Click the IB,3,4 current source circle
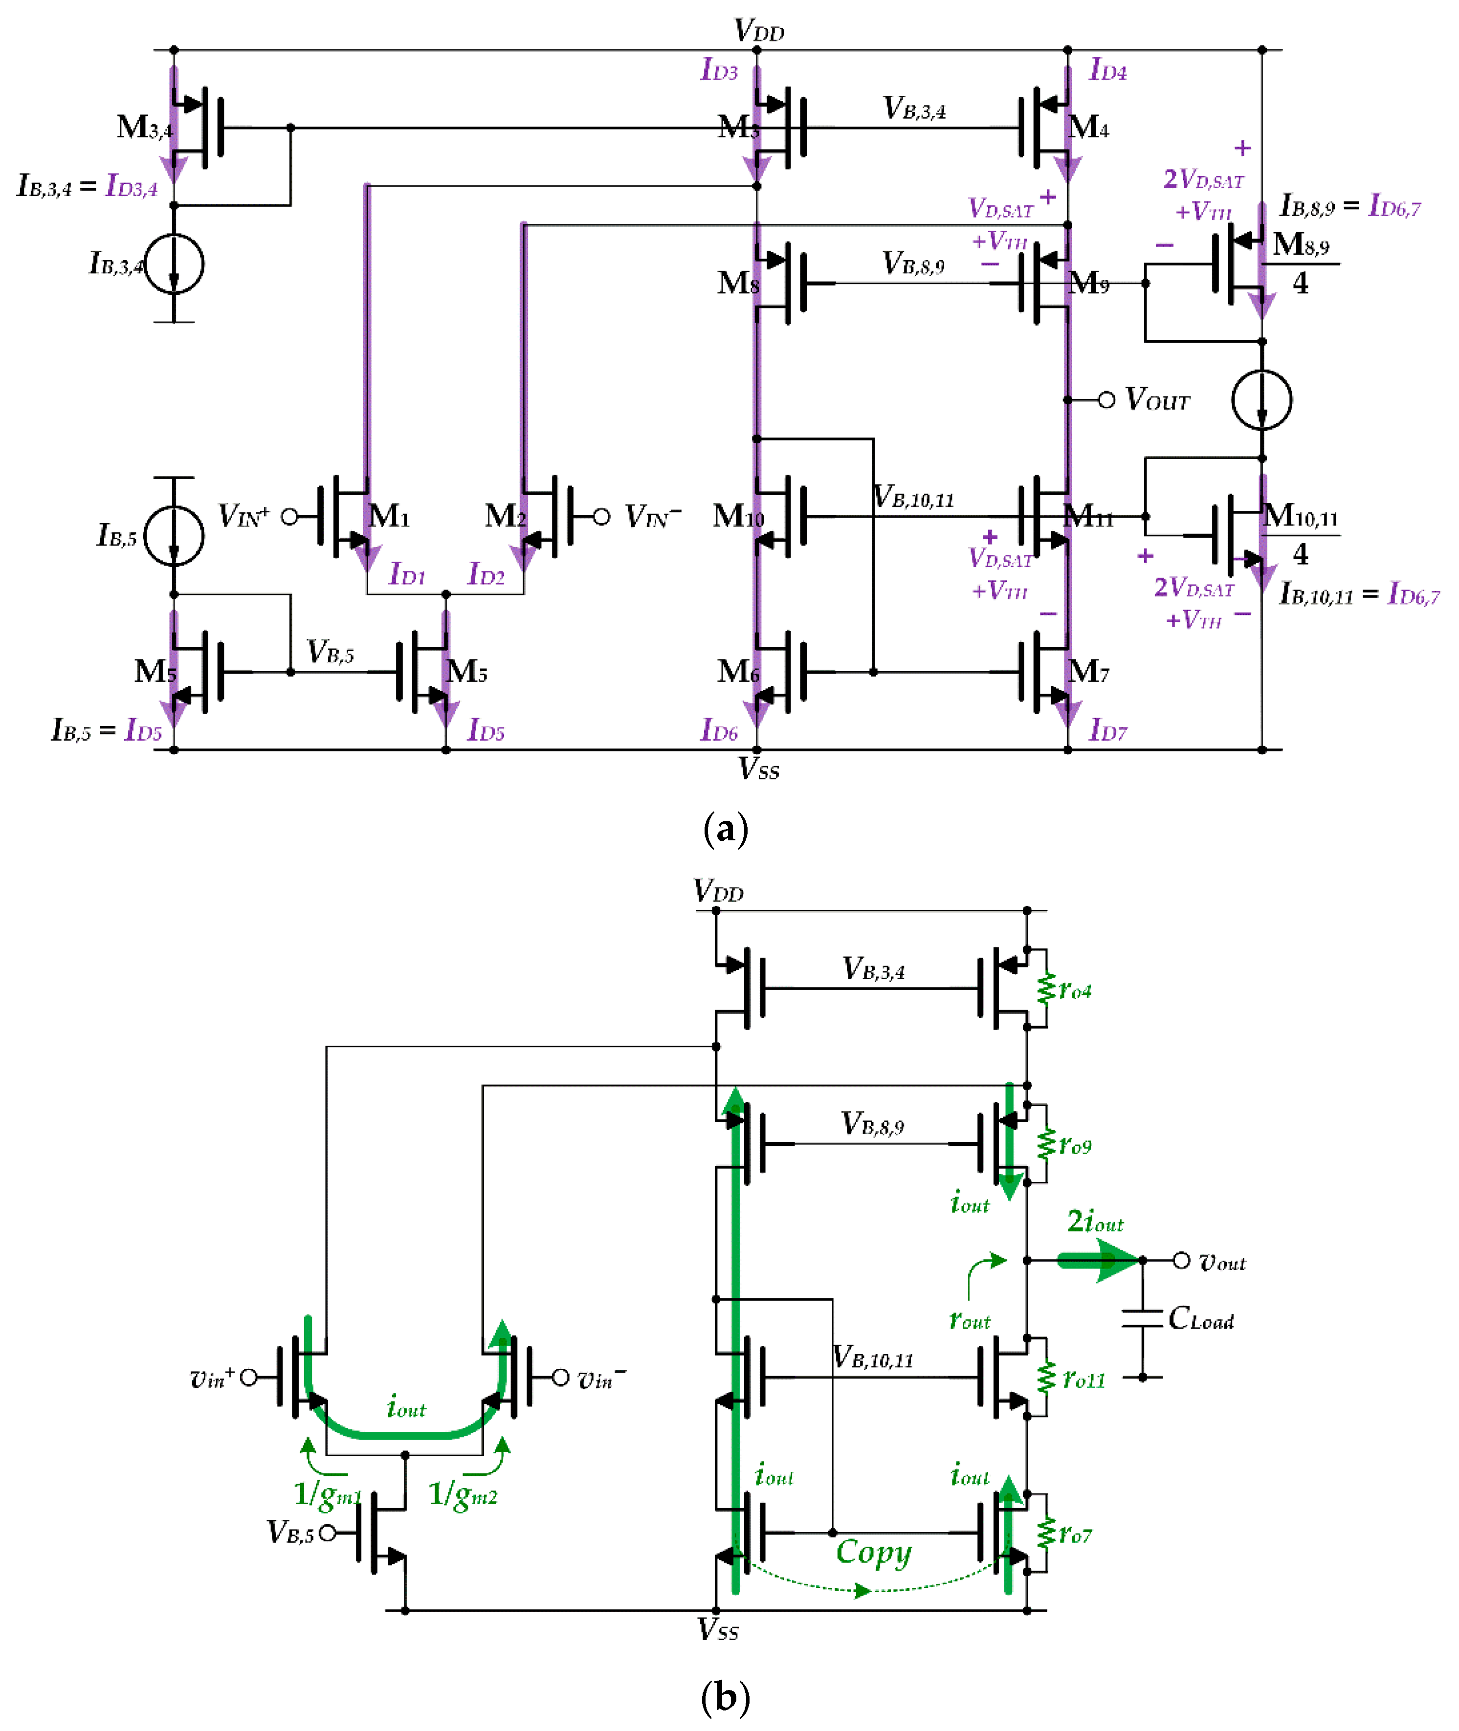click(x=174, y=264)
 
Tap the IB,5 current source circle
click(x=174, y=535)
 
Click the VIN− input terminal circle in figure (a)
click(x=601, y=517)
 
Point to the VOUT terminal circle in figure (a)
click(x=1106, y=400)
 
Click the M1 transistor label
click(x=389, y=516)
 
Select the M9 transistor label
click(x=1088, y=284)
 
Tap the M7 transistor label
click(x=1088, y=672)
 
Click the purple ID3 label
click(x=719, y=69)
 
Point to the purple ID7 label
click(x=1107, y=730)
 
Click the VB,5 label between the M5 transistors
click(x=330, y=652)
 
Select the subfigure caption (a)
click(x=726, y=828)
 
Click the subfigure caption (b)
click(x=726, y=1698)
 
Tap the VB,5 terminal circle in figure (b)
click(x=328, y=1533)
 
